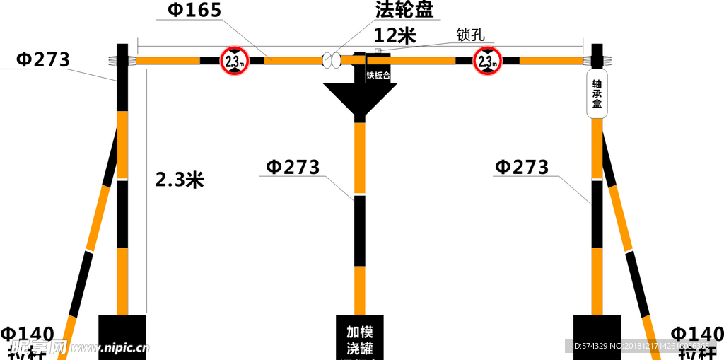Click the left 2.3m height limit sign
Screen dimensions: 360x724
pos(233,60)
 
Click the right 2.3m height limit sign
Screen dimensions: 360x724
pos(487,60)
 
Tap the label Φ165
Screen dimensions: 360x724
pos(194,10)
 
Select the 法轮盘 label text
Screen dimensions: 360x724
pos(405,9)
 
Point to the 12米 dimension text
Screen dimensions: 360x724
pos(395,35)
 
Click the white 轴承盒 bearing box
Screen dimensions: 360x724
pos(597,94)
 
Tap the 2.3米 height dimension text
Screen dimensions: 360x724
pos(180,180)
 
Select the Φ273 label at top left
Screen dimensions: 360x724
pos(43,59)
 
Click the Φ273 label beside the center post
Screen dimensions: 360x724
pos(293,167)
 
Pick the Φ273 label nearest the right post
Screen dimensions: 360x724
pos(522,167)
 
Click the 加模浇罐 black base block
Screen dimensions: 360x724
pos(359,338)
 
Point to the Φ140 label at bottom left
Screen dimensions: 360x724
pos(28,334)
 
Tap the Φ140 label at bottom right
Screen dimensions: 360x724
pos(696,334)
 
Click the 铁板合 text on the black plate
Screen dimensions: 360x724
pos(378,74)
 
